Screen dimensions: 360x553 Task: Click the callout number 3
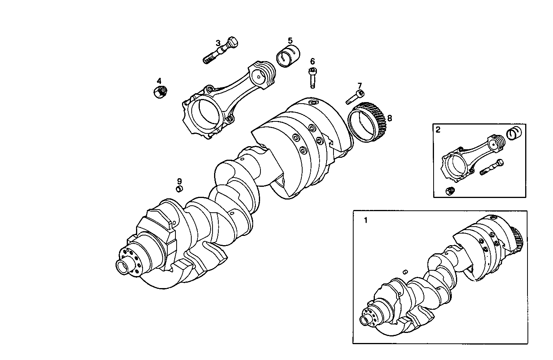(x=218, y=43)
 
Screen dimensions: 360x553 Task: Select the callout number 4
(x=159, y=81)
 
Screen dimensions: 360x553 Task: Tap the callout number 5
(x=290, y=41)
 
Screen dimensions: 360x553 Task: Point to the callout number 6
(x=312, y=61)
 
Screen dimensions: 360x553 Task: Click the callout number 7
(x=359, y=85)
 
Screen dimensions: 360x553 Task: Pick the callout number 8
(x=389, y=118)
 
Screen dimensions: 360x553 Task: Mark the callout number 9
(x=179, y=181)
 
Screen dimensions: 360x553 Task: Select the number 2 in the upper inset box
(x=438, y=130)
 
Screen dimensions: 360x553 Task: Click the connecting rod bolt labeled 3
(x=220, y=51)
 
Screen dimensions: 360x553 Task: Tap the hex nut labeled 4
(x=160, y=92)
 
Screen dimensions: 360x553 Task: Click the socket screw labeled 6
(x=312, y=77)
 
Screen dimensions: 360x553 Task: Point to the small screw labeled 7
(x=354, y=97)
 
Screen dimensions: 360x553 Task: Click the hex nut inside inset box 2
(x=449, y=191)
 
